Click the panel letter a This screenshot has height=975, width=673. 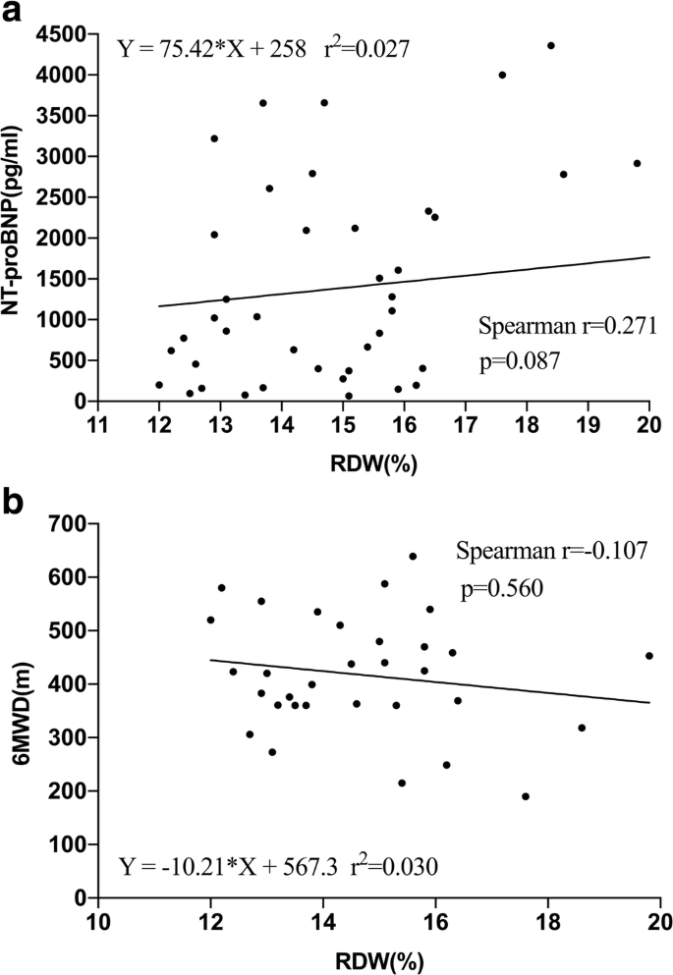pos(13,14)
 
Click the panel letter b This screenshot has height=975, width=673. pos(14,499)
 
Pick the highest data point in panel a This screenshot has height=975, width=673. pos(551,45)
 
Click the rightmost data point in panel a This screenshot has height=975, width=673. pos(637,163)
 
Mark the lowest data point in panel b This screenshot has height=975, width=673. pos(526,796)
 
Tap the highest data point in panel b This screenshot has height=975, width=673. pos(413,556)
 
